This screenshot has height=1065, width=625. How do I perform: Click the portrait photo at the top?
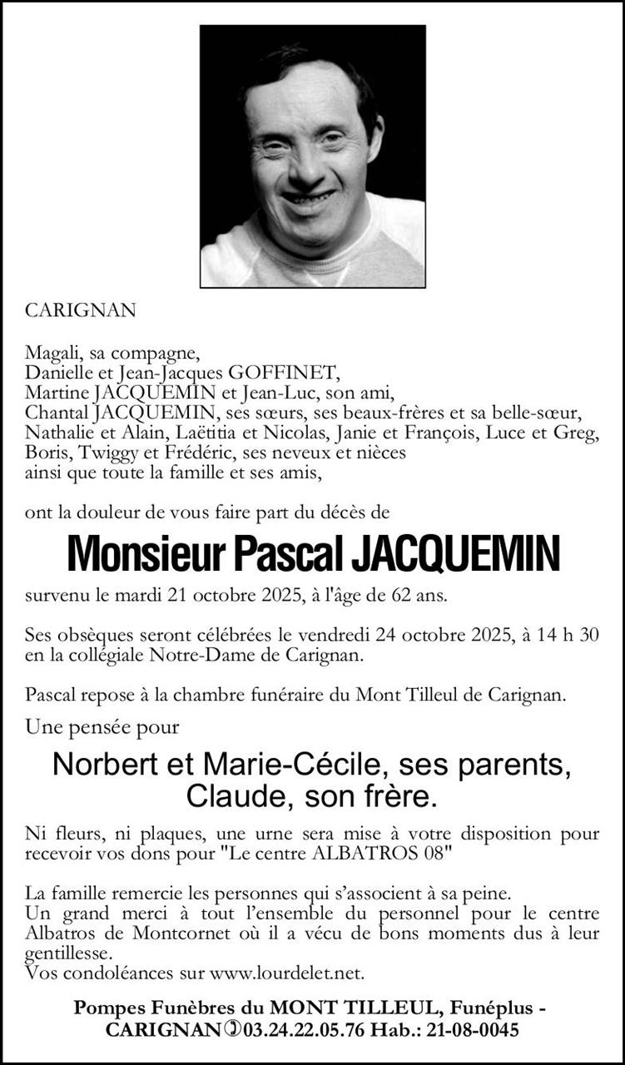[x=313, y=156]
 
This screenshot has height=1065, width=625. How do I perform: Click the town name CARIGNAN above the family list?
[x=80, y=310]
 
